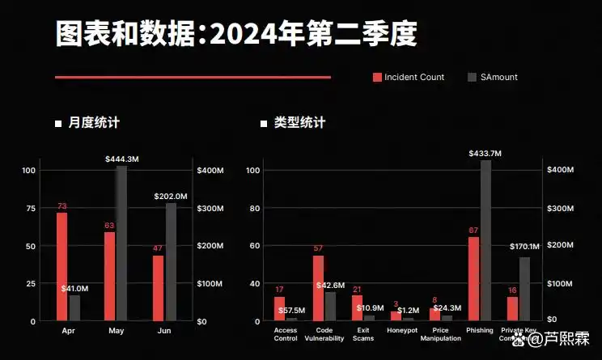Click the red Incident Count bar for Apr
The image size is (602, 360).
click(x=61, y=266)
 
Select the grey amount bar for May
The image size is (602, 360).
click(x=121, y=243)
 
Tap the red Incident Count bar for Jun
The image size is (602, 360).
click(x=158, y=288)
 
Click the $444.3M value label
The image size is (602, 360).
click(x=121, y=159)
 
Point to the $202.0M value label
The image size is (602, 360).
click(x=171, y=196)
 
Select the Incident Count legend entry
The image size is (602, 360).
click(x=409, y=78)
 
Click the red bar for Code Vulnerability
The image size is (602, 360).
click(x=318, y=288)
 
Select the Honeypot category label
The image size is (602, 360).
click(x=402, y=330)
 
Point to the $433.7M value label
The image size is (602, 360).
click(x=485, y=153)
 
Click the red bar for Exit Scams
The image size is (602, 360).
click(x=357, y=307)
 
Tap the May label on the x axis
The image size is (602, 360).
click(x=116, y=330)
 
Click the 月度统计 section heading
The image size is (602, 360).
click(x=93, y=123)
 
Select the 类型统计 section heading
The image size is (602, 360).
click(x=299, y=123)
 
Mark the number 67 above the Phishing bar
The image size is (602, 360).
click(x=473, y=230)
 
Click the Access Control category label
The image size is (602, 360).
click(x=286, y=334)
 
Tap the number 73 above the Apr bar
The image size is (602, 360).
click(x=61, y=206)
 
